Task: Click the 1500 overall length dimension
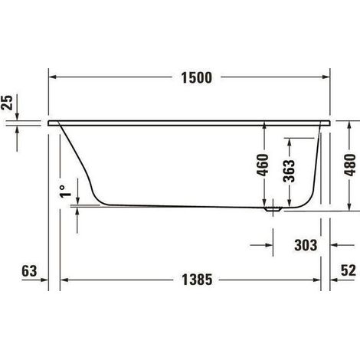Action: point(197,77)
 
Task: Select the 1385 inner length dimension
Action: point(197,280)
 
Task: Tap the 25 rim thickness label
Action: point(7,103)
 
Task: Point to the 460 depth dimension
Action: point(263,165)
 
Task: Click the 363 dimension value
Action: point(289,171)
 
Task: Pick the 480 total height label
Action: point(349,165)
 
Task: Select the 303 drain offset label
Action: point(306,245)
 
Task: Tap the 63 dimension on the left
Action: point(29,270)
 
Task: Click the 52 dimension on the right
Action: point(348,270)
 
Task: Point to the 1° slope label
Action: point(65,191)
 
